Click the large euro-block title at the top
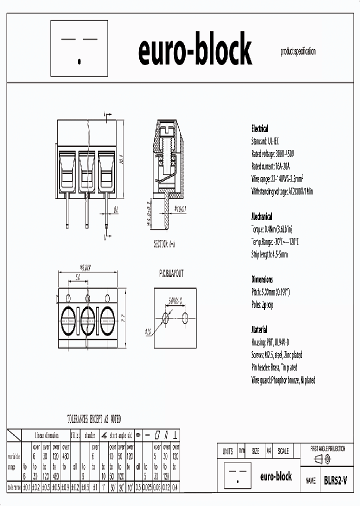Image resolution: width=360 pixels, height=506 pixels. [194, 50]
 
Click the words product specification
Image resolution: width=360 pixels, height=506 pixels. [298, 51]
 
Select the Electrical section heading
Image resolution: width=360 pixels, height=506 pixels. [259, 128]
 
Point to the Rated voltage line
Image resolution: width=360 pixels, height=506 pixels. [273, 154]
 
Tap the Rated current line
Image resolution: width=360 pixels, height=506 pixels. [270, 166]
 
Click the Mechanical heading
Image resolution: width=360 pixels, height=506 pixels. [261, 216]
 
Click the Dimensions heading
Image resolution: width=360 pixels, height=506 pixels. [262, 279]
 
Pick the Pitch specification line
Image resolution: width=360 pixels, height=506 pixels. [270, 292]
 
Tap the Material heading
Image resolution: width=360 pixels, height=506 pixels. [259, 330]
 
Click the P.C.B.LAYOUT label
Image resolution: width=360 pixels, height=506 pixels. [167, 274]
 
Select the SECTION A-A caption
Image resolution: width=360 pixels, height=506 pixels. [164, 244]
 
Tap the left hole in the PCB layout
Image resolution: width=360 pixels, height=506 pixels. [166, 317]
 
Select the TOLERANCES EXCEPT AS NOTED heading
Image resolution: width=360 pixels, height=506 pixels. [93, 419]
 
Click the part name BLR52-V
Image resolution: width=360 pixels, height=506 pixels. [335, 480]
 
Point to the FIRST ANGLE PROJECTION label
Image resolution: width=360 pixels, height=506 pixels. [328, 449]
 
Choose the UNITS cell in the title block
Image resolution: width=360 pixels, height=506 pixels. [227, 451]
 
